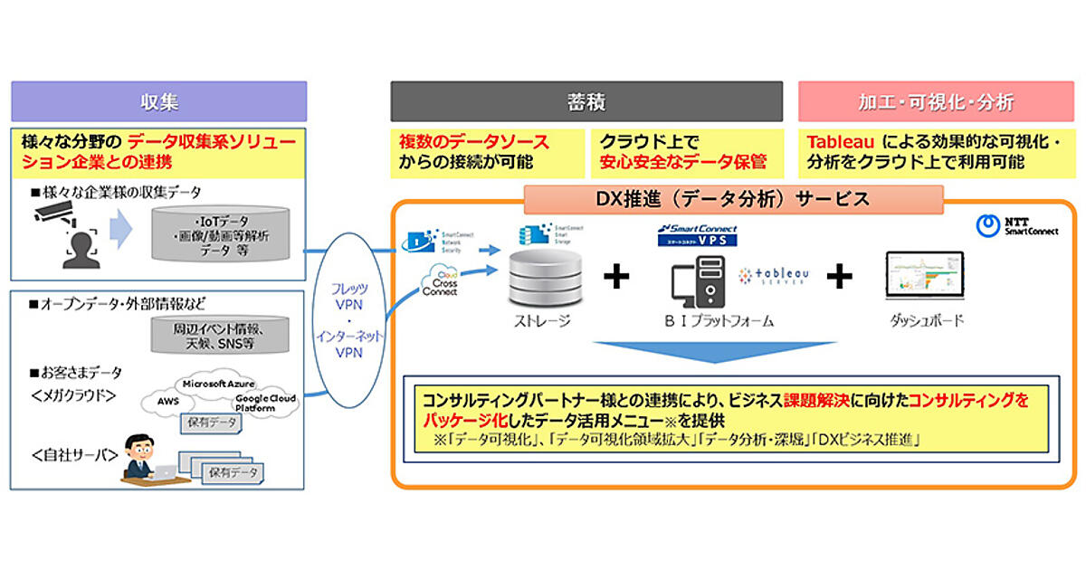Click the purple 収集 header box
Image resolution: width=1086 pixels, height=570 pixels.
(158, 101)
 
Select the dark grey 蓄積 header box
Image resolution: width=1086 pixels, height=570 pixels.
(586, 101)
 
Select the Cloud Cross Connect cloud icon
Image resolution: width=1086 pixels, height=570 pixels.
(438, 281)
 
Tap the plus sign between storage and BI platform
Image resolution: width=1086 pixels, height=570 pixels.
(616, 277)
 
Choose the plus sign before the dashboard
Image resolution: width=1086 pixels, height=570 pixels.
(840, 277)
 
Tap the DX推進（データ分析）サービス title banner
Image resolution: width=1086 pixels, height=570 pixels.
(733, 198)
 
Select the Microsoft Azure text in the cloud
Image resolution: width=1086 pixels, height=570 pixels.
(215, 384)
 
